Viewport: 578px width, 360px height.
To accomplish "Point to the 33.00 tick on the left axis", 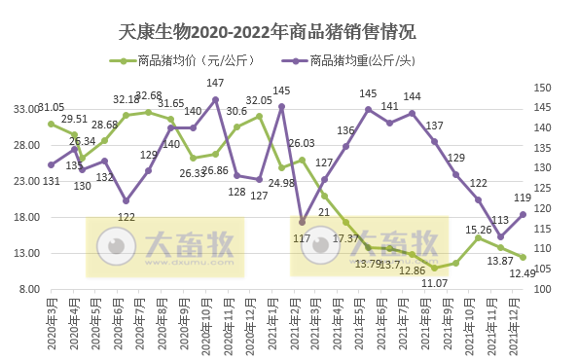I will pyautogui.click(x=25, y=110).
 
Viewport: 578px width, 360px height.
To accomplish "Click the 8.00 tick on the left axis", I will pyautogui.click(x=28, y=290).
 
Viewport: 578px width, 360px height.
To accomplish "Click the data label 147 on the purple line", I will pyautogui.click(x=216, y=84).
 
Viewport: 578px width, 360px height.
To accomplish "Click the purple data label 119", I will pyautogui.click(x=522, y=198).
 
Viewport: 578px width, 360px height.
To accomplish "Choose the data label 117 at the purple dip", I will pyautogui.click(x=302, y=237).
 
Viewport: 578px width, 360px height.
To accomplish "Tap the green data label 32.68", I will pyautogui.click(x=149, y=95).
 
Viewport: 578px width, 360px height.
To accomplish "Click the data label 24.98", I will pyautogui.click(x=282, y=183).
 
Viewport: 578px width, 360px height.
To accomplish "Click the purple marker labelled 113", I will pyautogui.click(x=500, y=236).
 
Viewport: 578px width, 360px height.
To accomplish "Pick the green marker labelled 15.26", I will pyautogui.click(x=478, y=238).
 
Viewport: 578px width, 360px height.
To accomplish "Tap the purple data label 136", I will pyautogui.click(x=345, y=130).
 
